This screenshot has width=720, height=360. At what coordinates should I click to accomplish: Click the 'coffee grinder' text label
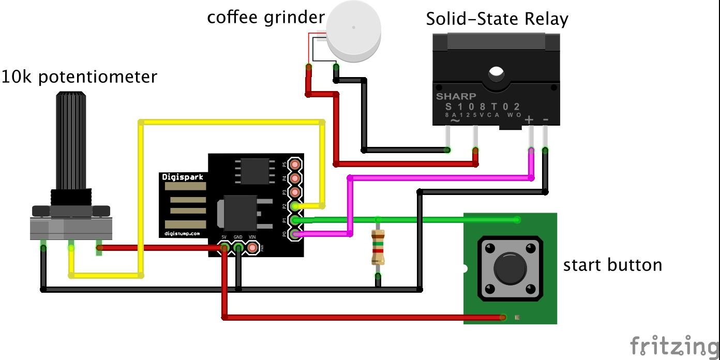[x=265, y=17]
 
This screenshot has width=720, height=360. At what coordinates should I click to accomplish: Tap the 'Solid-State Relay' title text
[x=497, y=19]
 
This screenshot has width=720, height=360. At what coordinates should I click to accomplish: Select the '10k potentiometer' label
[x=79, y=77]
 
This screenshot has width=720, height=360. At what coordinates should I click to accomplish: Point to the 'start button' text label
[x=612, y=265]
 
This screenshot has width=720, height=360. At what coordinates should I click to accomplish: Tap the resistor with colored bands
[x=378, y=247]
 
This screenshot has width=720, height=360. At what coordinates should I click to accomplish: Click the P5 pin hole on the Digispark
[x=295, y=164]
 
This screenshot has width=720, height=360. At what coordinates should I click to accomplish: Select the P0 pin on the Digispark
[x=295, y=234]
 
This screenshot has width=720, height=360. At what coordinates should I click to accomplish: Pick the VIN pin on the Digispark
[x=252, y=248]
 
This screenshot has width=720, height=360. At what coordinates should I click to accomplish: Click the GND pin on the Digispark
[x=238, y=248]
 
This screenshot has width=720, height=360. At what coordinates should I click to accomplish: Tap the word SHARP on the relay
[x=456, y=96]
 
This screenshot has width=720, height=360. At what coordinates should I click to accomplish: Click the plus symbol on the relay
[x=529, y=120]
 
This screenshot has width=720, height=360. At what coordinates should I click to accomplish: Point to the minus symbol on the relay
[x=546, y=120]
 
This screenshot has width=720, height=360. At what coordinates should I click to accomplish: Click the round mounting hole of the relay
[x=496, y=74]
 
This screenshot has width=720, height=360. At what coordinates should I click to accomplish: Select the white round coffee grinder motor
[x=354, y=29]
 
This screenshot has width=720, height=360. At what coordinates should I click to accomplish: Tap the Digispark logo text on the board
[x=183, y=177]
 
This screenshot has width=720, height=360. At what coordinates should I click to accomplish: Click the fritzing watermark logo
[x=673, y=346]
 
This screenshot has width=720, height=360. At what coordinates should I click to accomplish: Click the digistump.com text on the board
[x=182, y=233]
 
